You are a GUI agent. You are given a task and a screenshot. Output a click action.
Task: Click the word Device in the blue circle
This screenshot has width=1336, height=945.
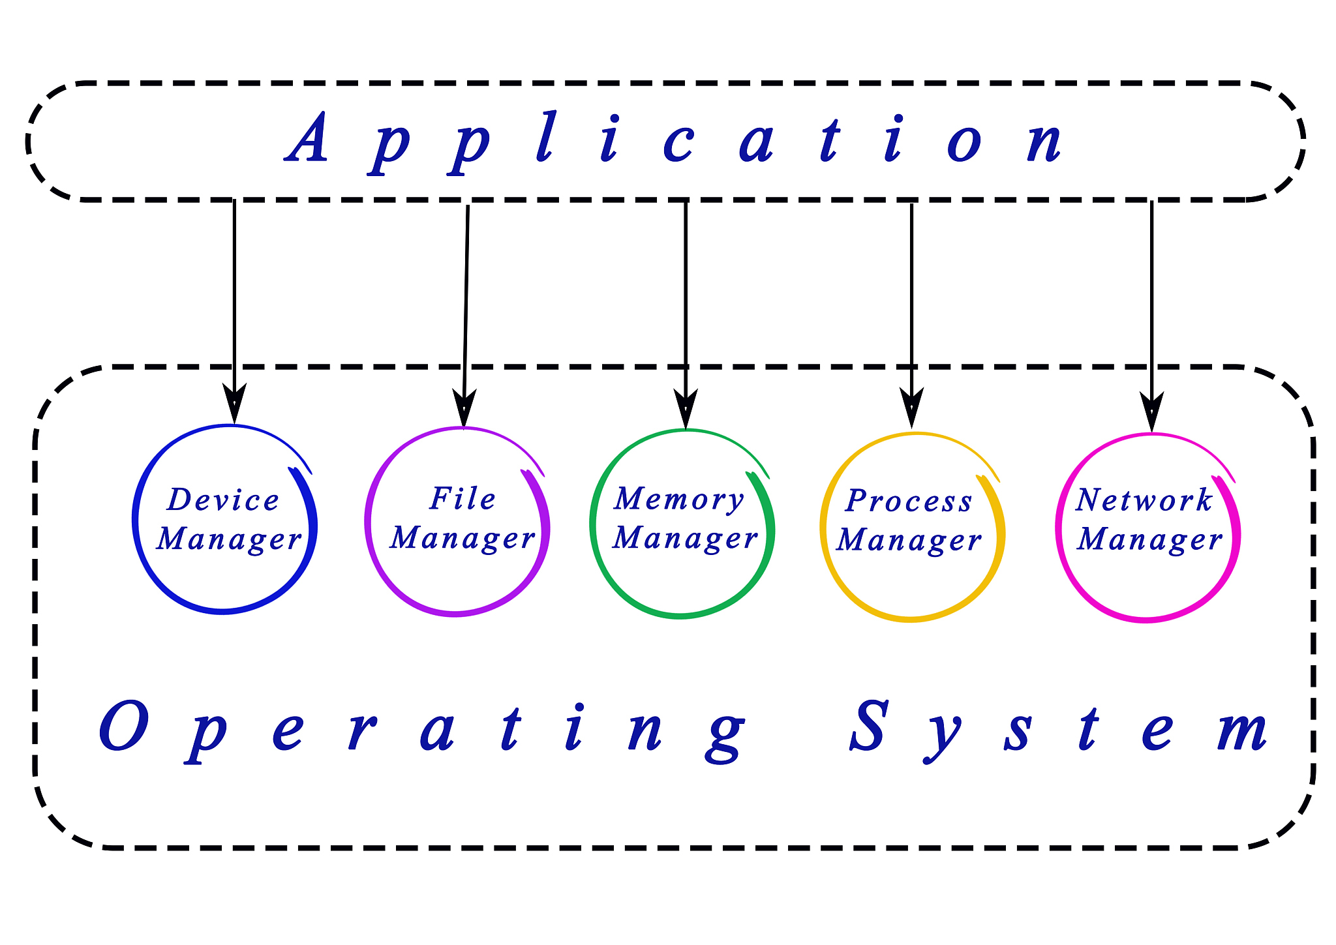pos(223,500)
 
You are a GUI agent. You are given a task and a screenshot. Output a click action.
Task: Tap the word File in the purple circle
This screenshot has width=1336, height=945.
pos(463,499)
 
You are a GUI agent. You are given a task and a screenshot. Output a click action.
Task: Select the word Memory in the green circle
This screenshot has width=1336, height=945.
pos(678,500)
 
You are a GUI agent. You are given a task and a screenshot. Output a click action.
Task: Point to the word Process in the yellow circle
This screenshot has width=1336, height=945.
pos(909,501)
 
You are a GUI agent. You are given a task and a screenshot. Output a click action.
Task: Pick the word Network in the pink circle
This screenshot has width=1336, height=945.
pos(1144,500)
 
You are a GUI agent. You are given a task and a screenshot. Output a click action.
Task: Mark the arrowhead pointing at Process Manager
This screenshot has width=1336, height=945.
pos(911,408)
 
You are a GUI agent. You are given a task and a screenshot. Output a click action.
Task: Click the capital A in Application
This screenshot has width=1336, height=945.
pos(307,138)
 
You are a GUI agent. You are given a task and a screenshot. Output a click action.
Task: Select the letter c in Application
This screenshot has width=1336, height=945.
pos(678,143)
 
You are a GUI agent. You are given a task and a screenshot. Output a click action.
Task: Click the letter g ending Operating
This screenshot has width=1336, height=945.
pos(724,737)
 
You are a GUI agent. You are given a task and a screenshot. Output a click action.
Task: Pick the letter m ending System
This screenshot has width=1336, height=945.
pos(1242,731)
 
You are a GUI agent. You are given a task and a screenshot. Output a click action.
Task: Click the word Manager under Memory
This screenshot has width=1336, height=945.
pos(685,539)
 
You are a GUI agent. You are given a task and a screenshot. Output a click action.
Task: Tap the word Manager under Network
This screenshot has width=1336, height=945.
pos(1149,540)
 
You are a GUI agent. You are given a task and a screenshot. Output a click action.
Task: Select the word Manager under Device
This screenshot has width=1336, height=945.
pos(229,540)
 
